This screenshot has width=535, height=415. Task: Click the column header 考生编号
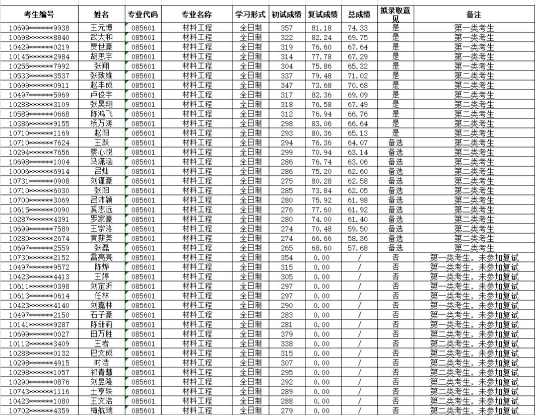pos(39,15)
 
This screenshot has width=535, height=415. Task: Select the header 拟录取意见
pos(395,15)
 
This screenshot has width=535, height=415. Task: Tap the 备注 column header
pos(474,15)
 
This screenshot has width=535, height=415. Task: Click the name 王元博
pos(101,28)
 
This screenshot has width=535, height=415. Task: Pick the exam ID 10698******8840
pos(39,38)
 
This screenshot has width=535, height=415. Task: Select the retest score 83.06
pos(322,124)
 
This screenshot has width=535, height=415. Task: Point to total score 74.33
pos(359,28)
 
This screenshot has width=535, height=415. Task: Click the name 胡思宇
pos(101,57)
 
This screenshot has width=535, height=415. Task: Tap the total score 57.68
pos(359,248)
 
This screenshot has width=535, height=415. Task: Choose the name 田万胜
pos(101,334)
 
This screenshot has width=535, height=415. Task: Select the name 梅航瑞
pos(101,411)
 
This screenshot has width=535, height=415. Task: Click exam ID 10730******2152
pos(39,258)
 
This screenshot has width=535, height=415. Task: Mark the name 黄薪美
pos(101,239)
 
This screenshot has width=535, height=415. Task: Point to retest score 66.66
pos(322,239)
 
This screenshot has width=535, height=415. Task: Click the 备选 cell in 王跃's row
pos(395,143)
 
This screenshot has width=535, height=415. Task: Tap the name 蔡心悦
pos(101,153)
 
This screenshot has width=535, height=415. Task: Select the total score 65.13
pos(359,133)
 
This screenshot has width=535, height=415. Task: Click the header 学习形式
pos(250,15)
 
